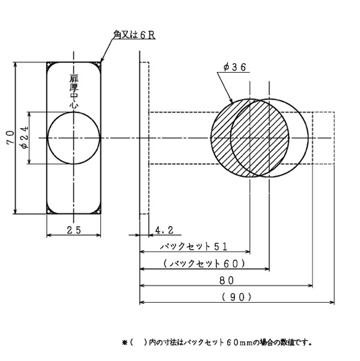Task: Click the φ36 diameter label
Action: (234, 67)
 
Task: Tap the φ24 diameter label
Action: (25, 137)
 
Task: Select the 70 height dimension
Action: (10, 137)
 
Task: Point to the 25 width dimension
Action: (74, 230)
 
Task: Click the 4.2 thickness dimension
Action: (164, 230)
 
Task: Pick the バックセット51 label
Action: (194, 247)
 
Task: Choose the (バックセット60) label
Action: (204, 264)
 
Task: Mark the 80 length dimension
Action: (227, 280)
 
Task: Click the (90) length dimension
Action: (236, 297)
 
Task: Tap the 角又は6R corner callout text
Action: (134, 35)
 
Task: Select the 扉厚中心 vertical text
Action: (74, 91)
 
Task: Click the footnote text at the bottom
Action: (217, 342)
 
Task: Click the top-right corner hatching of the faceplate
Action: (98, 65)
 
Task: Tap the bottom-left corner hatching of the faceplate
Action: (49, 211)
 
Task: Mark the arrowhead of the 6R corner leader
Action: (102, 60)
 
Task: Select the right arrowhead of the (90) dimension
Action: (332, 302)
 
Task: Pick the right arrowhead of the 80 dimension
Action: (310, 286)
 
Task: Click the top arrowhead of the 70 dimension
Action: (15, 65)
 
